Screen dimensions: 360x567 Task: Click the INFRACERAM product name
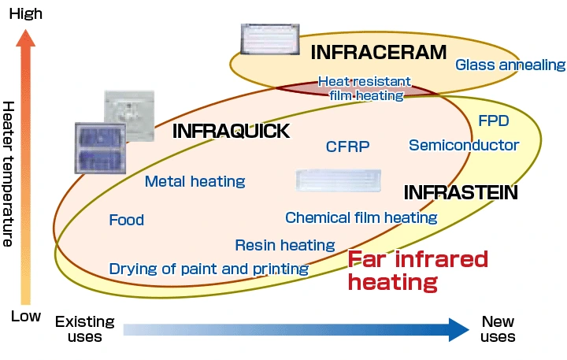(378, 53)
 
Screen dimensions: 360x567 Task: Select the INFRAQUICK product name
(231, 132)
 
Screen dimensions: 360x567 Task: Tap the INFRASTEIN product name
(461, 192)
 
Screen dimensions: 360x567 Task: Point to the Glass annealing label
(510, 65)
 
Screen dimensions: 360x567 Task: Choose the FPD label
(494, 121)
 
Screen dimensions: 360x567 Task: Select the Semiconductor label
(464, 145)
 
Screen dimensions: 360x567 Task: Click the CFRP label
(347, 147)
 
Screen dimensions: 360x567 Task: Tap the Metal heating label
(195, 182)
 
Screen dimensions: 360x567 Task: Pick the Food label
(127, 220)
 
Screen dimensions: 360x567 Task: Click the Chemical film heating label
(361, 217)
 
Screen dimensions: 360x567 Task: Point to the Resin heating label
(284, 246)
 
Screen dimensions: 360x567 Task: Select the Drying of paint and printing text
(209, 269)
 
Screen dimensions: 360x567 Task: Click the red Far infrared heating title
(418, 270)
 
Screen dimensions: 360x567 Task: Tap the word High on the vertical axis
(26, 13)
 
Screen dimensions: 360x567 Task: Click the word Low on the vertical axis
(25, 316)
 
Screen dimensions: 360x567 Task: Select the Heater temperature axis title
(9, 173)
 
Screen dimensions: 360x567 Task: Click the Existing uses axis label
(84, 329)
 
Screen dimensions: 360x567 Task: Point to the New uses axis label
(498, 329)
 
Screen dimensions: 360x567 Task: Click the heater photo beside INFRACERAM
(269, 38)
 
